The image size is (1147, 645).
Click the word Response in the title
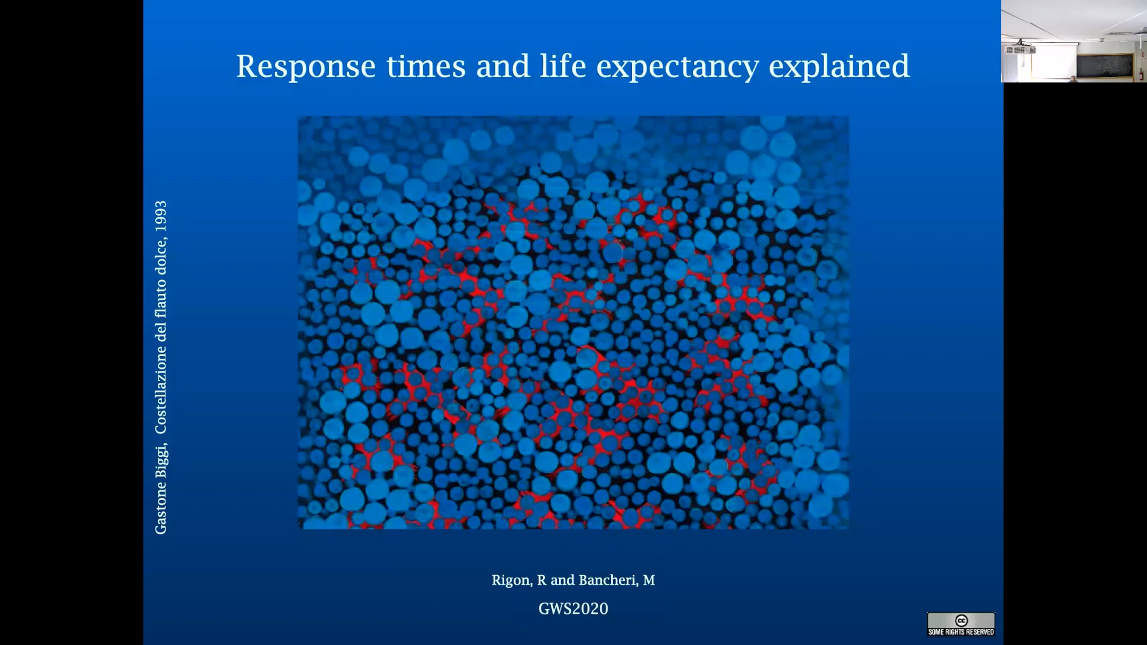click(306, 66)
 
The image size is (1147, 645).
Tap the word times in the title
click(426, 66)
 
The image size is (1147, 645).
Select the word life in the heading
click(563, 65)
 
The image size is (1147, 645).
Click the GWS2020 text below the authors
click(573, 609)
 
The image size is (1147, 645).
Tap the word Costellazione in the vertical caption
click(161, 390)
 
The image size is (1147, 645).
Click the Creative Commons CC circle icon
click(961, 621)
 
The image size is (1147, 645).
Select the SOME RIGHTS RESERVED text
click(961, 632)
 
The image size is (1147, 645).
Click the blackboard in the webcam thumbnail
click(1105, 65)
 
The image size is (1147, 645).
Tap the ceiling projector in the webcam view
click(1020, 49)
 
